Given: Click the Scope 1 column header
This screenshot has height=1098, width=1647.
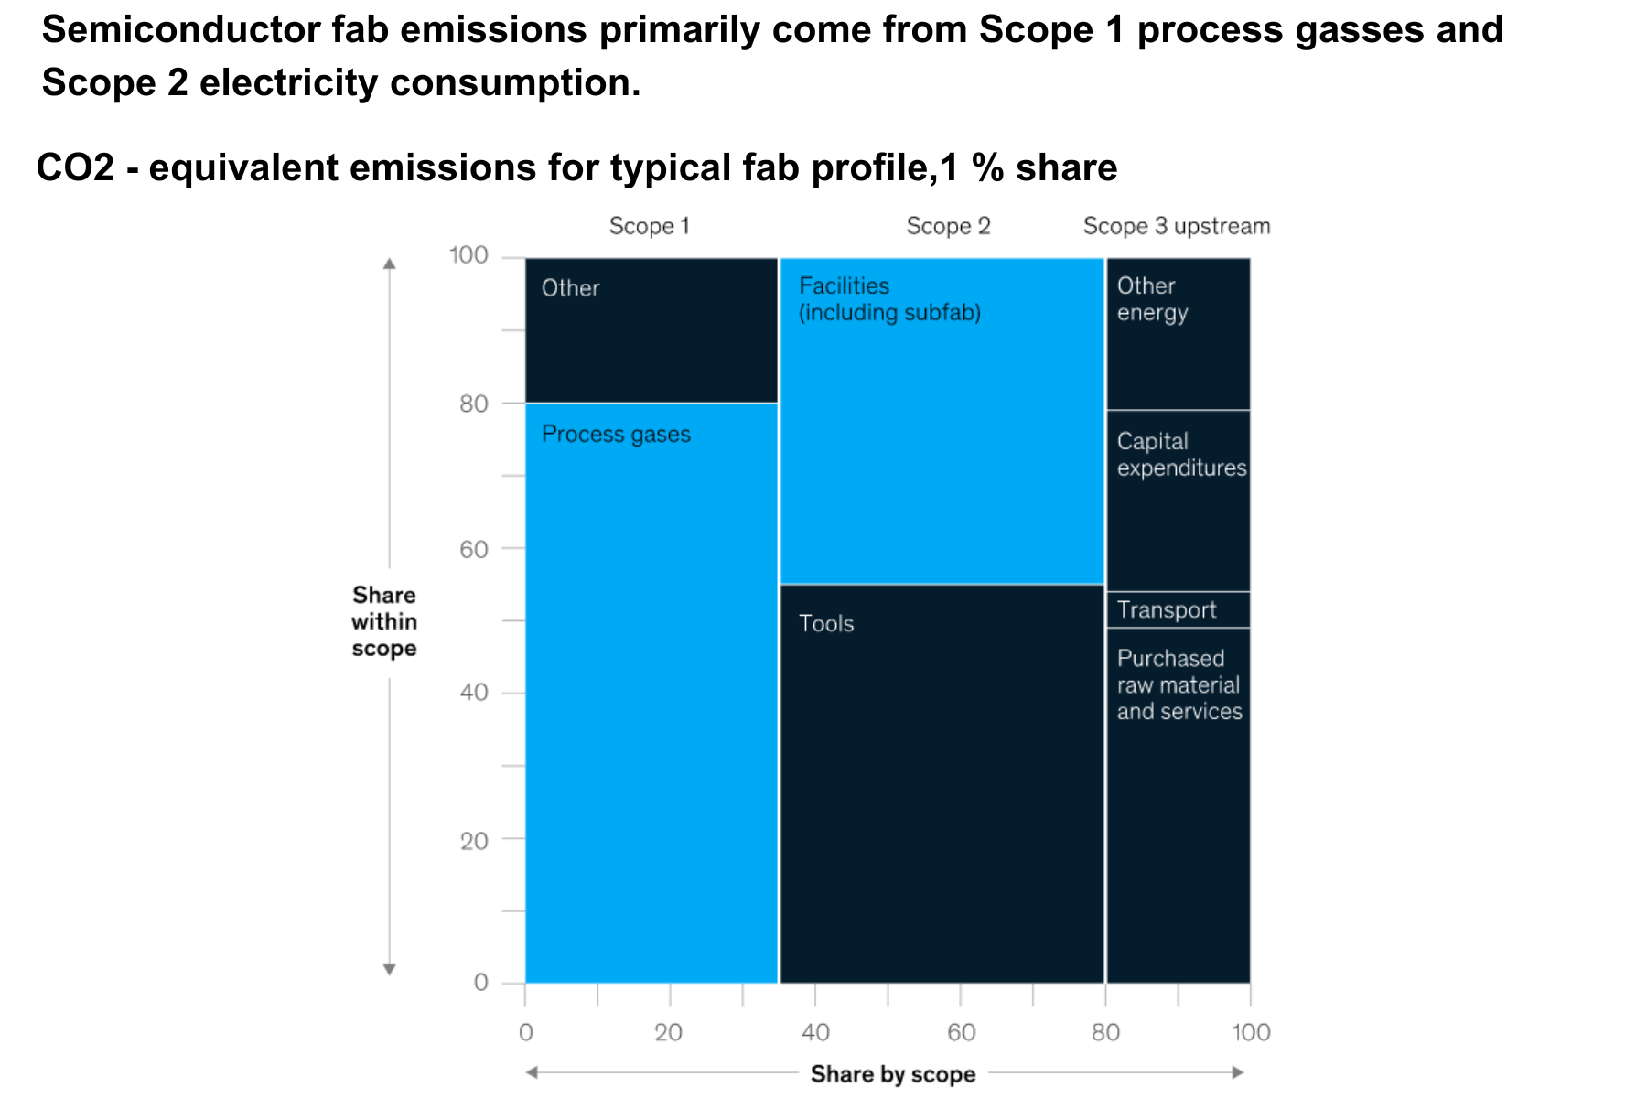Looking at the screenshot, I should point(649,226).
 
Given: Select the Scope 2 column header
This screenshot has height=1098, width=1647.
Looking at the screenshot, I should point(948,226).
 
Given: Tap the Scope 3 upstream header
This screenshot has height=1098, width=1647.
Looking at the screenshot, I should point(1177,226).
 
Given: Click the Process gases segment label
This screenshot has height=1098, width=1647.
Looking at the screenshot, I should point(616,434).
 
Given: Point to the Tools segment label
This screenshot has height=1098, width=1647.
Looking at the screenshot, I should point(826,624).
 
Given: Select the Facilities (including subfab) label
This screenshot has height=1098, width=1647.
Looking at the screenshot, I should point(889,299).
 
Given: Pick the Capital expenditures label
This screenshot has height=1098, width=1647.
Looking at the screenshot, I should point(1181,455).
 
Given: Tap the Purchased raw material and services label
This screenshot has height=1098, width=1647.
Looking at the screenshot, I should point(1179,684).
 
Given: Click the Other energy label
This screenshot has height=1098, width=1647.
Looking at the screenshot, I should point(1152,299).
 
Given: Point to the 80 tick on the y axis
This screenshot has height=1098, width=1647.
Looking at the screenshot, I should point(473,404).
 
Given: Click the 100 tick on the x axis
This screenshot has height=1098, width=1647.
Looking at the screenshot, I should point(1251,1033).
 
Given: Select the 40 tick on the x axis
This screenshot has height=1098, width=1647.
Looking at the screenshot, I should point(815,1033).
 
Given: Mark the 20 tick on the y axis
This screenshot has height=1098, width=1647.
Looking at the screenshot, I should point(473,840).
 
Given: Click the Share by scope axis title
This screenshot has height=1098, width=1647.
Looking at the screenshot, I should point(893,1074).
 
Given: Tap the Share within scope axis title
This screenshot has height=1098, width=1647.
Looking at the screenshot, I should point(384,622).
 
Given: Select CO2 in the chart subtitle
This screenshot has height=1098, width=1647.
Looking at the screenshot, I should point(75,168).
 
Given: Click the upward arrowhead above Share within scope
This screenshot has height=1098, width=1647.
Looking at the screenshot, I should point(390,264).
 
